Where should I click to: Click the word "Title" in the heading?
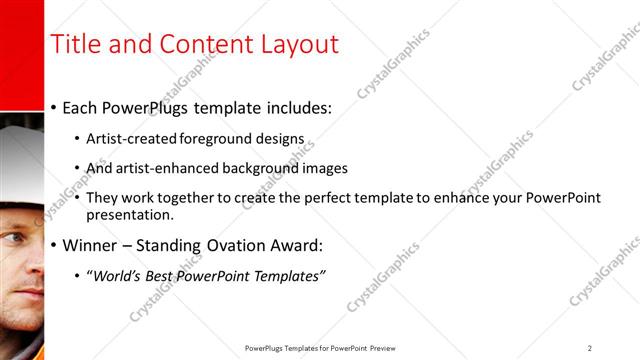75,45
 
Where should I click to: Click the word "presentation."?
130,214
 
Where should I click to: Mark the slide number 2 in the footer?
589,348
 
